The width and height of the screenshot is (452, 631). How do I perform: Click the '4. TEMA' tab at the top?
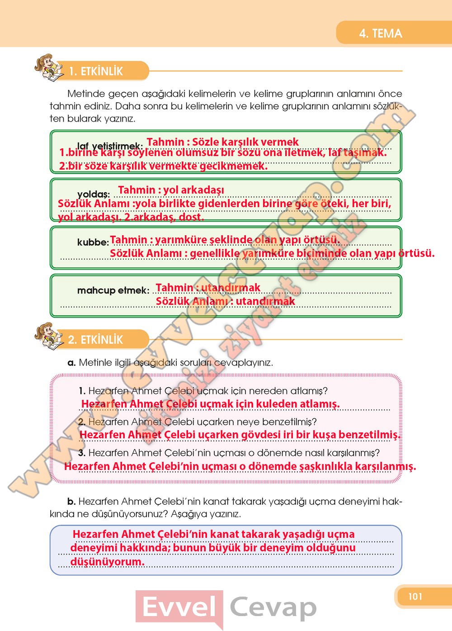click(x=381, y=33)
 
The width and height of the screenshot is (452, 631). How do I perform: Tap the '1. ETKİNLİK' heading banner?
click(x=96, y=71)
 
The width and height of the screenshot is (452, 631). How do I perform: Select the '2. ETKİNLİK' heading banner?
click(x=95, y=339)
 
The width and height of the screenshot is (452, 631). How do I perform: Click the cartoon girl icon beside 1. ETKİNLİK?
click(x=48, y=68)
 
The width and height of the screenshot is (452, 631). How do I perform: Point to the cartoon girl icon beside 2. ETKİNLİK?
click(x=48, y=335)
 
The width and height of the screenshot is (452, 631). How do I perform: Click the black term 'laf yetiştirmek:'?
click(x=110, y=146)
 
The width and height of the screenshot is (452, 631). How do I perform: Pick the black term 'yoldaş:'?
click(x=94, y=195)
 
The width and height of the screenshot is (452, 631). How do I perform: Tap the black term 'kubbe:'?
click(x=93, y=242)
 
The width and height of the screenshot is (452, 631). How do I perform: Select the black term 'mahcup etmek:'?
click(x=113, y=290)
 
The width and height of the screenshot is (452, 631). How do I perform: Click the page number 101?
click(x=415, y=596)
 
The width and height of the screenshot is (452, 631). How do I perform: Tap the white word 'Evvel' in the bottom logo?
click(x=179, y=607)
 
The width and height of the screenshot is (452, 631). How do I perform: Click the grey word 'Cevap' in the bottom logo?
click(x=273, y=607)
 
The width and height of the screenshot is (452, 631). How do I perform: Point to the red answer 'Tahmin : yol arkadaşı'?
click(x=171, y=190)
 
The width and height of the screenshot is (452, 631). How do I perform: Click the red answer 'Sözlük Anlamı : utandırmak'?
click(x=225, y=301)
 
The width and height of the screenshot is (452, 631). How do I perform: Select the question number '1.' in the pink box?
click(x=82, y=391)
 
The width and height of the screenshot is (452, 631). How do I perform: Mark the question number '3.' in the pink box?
click(x=82, y=453)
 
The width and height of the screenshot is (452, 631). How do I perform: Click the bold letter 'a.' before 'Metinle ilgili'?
click(x=71, y=363)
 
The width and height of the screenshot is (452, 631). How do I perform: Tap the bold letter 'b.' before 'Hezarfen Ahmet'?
click(x=71, y=502)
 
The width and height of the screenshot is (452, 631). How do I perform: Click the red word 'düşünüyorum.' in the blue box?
click(x=107, y=562)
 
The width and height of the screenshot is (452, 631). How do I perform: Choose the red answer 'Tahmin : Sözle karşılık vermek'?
click(x=222, y=142)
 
